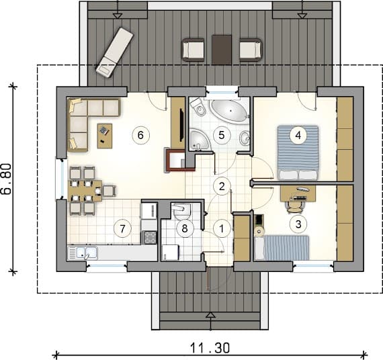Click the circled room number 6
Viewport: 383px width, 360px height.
(140, 135)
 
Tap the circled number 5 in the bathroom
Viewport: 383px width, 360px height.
(222, 135)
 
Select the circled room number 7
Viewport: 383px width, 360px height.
(122, 228)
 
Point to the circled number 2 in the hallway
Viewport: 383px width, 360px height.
(222, 186)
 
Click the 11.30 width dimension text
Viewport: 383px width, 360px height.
(210, 348)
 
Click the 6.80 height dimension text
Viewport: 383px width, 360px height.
(7, 179)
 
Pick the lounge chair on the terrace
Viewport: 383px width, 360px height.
(114, 52)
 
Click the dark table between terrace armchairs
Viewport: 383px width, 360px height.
(222, 50)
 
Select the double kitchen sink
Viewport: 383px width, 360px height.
(83, 253)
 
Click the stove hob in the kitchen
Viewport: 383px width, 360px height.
(149, 237)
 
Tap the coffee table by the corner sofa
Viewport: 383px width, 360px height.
(105, 136)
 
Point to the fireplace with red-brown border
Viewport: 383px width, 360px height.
(181, 160)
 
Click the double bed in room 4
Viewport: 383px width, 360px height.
(298, 153)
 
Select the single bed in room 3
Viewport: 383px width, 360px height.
(282, 248)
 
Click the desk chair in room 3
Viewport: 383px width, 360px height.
(295, 207)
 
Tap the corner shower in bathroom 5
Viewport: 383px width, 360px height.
(200, 139)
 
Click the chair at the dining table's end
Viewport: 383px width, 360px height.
(109, 191)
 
